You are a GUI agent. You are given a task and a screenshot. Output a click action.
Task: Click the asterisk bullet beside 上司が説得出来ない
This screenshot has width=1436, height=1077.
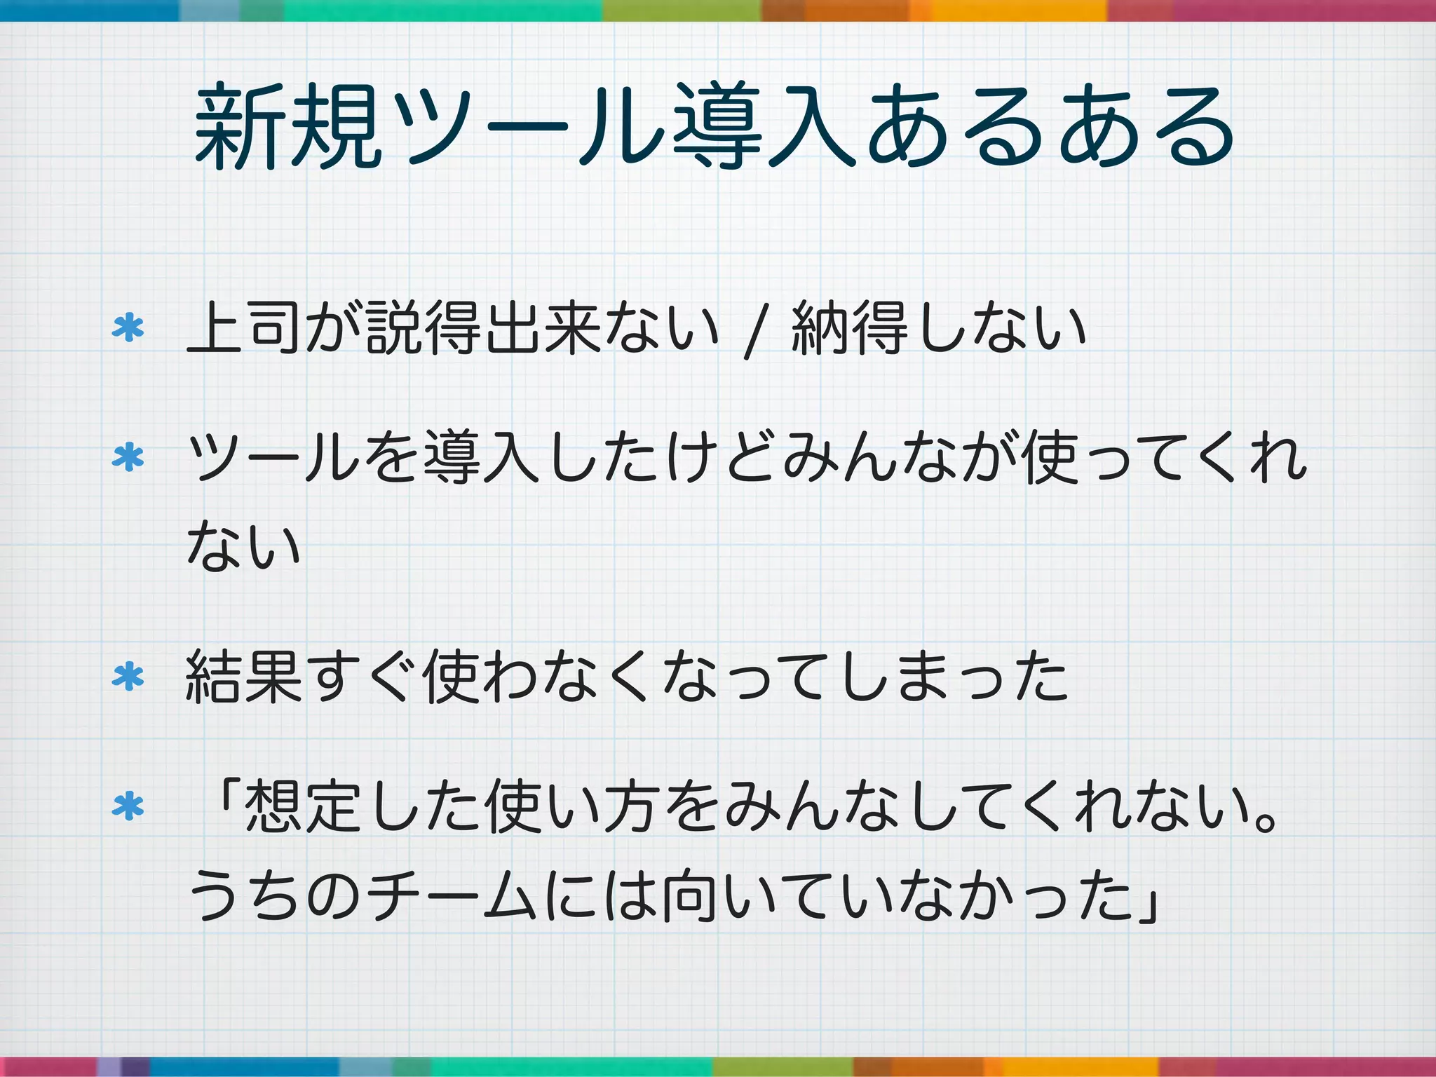point(128,328)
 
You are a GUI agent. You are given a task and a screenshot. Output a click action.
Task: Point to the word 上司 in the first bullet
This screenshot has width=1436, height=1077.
point(245,328)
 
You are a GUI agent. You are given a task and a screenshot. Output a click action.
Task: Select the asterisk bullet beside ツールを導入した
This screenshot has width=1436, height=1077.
point(128,459)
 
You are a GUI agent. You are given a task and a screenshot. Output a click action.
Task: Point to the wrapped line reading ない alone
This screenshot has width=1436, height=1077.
point(244,546)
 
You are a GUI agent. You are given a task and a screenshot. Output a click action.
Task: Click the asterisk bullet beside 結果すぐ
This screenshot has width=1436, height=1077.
point(128,677)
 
